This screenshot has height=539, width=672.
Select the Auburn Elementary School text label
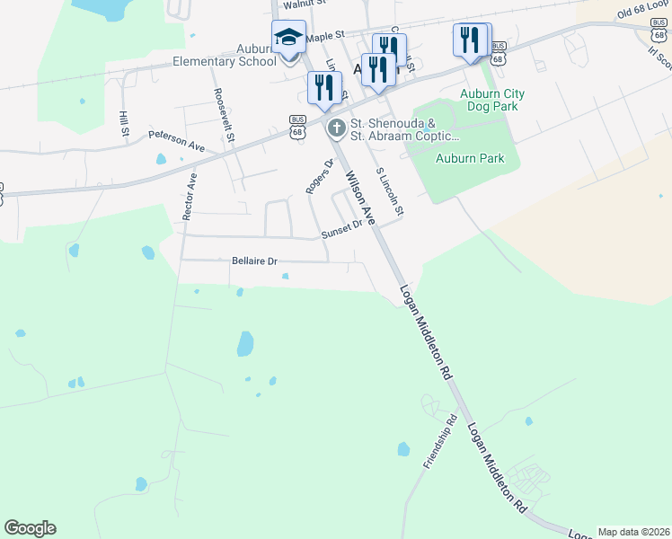(x=225, y=56)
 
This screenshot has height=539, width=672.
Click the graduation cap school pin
(x=289, y=39)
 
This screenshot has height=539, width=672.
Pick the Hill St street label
(x=123, y=125)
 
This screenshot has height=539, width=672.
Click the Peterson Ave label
(x=177, y=140)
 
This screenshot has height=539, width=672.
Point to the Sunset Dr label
(x=341, y=230)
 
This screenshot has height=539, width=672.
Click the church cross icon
(x=336, y=128)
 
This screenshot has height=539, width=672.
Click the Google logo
(x=31, y=528)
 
